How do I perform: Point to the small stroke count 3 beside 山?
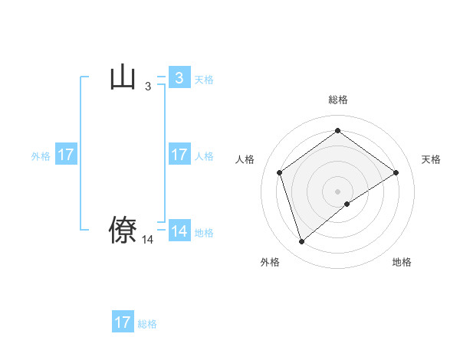[148, 87]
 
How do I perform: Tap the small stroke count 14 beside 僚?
[148, 240]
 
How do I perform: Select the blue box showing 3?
[179, 77]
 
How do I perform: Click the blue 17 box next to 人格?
[179, 155]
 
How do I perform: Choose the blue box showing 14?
[179, 231]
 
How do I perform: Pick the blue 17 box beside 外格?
[66, 155]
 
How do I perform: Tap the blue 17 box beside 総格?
[123, 322]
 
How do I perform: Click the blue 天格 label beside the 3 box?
[204, 79]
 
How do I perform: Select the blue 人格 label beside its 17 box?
[204, 156]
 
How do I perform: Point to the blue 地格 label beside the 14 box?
[204, 233]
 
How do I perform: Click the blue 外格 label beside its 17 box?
[41, 156]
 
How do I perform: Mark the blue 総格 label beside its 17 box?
[147, 324]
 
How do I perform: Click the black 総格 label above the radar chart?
[337, 100]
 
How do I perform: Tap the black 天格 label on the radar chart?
[431, 159]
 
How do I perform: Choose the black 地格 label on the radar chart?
[402, 262]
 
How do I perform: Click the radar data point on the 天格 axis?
[396, 172]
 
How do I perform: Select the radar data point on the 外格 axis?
[301, 242]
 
